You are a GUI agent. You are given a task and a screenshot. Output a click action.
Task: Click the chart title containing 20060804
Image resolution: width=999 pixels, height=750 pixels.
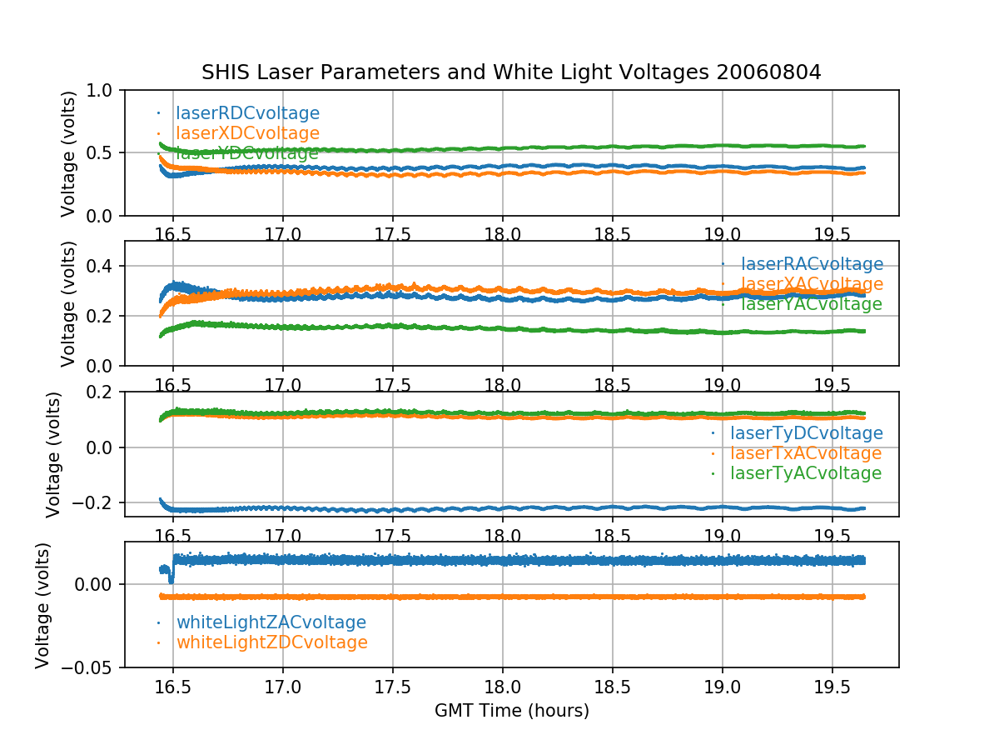[511, 72]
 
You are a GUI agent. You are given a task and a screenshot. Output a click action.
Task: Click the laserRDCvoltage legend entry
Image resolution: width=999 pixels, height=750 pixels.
[247, 113]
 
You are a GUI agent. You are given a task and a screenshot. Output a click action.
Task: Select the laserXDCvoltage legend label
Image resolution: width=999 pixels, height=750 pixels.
[247, 133]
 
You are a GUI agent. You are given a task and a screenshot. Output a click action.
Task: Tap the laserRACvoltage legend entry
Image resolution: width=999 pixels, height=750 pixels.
[812, 265]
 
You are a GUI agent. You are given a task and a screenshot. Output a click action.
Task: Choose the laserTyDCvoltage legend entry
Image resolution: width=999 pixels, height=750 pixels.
[806, 433]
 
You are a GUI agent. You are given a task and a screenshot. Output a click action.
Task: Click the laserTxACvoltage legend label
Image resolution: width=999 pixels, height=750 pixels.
[805, 453]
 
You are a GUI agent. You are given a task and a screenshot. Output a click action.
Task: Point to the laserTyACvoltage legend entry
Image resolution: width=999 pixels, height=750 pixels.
[805, 473]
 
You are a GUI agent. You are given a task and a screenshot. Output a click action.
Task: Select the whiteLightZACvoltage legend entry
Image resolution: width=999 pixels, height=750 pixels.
[271, 622]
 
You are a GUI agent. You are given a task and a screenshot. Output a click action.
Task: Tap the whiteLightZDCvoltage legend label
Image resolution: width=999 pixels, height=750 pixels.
[271, 642]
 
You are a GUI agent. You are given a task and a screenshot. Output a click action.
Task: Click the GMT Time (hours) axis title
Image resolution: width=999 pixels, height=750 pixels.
[511, 711]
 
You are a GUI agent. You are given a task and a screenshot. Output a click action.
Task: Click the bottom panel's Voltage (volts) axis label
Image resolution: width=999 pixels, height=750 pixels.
[42, 605]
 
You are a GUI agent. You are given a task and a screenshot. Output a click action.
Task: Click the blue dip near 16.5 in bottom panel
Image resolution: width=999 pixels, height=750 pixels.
[171, 578]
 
